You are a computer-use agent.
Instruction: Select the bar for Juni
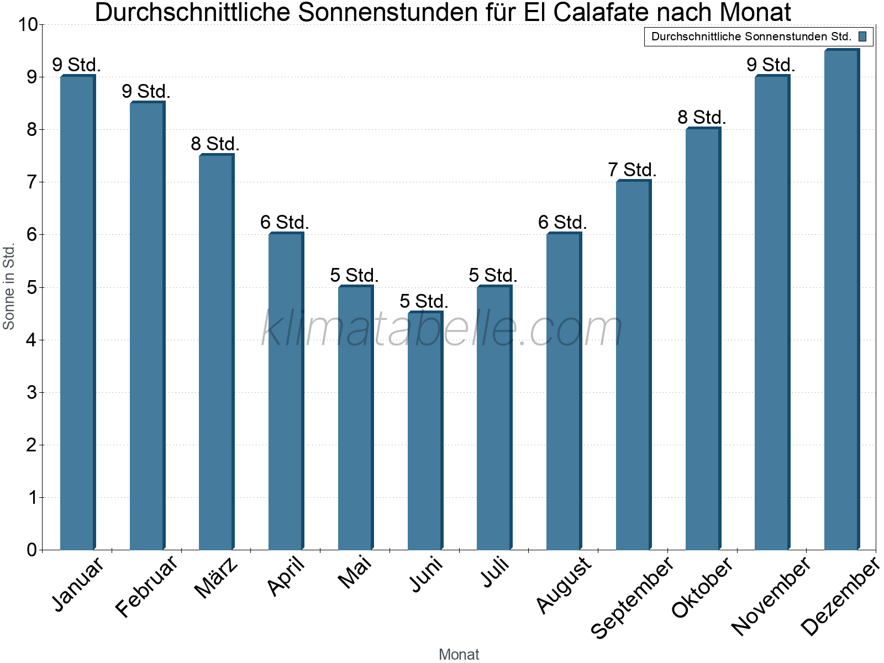(x=425, y=431)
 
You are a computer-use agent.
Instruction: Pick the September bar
(x=633, y=365)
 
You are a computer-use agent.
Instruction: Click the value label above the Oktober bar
(x=702, y=117)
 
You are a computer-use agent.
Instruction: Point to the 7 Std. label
(x=632, y=170)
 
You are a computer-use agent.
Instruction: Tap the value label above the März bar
(x=215, y=144)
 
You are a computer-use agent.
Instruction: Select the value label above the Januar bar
(x=76, y=65)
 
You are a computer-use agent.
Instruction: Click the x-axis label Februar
(x=147, y=587)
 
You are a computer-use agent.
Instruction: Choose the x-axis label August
(x=564, y=585)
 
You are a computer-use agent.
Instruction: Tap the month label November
(x=771, y=596)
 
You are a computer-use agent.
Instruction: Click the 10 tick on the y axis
(x=27, y=25)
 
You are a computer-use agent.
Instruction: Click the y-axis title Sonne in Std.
(x=9, y=287)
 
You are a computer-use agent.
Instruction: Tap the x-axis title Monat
(x=459, y=654)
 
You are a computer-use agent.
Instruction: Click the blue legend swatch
(x=862, y=36)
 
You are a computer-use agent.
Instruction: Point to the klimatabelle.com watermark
(x=441, y=329)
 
